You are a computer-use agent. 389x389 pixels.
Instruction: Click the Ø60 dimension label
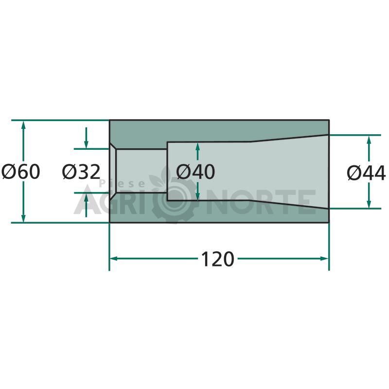tap(20, 172)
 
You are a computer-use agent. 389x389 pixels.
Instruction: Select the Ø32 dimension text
tap(81, 172)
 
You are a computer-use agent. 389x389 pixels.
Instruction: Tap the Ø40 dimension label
tap(195, 172)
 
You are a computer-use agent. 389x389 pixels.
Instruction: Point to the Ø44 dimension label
tap(366, 173)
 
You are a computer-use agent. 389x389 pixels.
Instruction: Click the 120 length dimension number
tap(217, 259)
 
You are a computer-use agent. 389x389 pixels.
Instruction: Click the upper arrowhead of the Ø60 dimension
tap(23, 125)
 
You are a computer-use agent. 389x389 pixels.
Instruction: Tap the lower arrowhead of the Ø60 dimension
tap(23, 218)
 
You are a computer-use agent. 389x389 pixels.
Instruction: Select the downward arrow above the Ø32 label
tap(86, 138)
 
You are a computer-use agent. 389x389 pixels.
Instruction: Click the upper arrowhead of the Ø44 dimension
tap(369, 140)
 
